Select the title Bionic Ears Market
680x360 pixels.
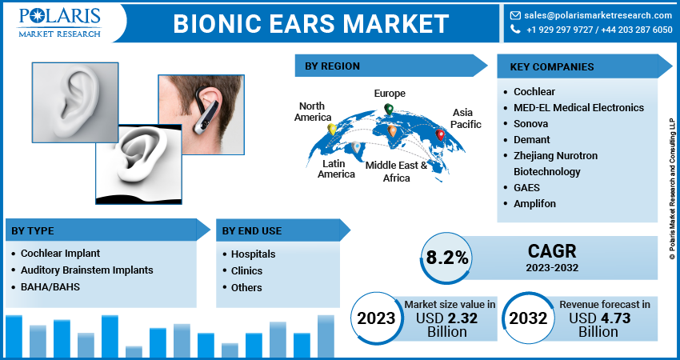pyautogui.click(x=311, y=23)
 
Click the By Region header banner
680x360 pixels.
pyautogui.click(x=384, y=66)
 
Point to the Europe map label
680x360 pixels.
pyautogui.click(x=390, y=94)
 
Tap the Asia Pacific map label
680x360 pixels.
pyautogui.click(x=466, y=118)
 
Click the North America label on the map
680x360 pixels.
pyautogui.click(x=313, y=112)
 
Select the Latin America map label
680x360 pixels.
pyautogui.click(x=336, y=169)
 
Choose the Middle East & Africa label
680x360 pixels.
pyautogui.click(x=396, y=171)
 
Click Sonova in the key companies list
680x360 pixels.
pyautogui.click(x=531, y=123)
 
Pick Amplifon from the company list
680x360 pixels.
pyautogui.click(x=534, y=203)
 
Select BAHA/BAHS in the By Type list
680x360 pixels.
pyautogui.click(x=50, y=286)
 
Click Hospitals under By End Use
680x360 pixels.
pyautogui.click(x=254, y=254)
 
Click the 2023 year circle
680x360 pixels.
pyautogui.click(x=376, y=318)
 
